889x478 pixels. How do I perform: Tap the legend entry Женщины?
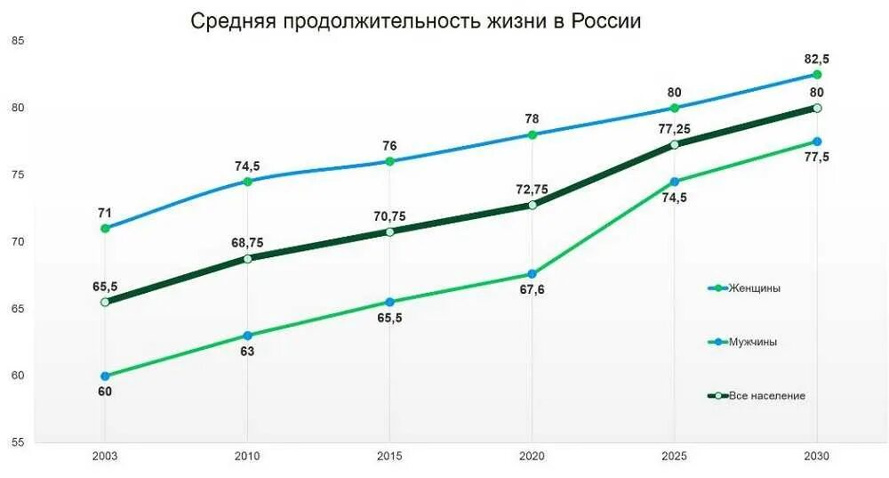pyautogui.click(x=755, y=288)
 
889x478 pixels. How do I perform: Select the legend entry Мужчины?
pyautogui.click(x=753, y=342)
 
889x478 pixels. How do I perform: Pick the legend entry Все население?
pyautogui.click(x=766, y=395)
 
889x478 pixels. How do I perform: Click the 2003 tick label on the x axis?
pyautogui.click(x=105, y=456)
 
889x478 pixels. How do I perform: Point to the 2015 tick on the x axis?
pyautogui.click(x=389, y=456)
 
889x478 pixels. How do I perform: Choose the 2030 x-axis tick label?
pyautogui.click(x=816, y=456)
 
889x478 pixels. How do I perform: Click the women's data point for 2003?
pyautogui.click(x=105, y=228)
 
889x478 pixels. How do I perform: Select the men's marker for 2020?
pyautogui.click(x=532, y=274)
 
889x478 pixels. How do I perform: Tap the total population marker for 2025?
pyautogui.click(x=674, y=144)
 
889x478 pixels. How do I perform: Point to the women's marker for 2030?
pyautogui.click(x=816, y=75)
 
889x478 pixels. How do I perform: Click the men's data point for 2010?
pyautogui.click(x=247, y=336)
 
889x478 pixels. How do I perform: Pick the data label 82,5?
pyautogui.click(x=816, y=59)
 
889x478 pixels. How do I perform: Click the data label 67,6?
pyautogui.click(x=532, y=290)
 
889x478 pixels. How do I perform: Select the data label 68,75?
pyautogui.click(x=247, y=243)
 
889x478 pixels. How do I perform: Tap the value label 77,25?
pyautogui.click(x=674, y=129)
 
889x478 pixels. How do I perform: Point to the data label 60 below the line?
pyautogui.click(x=105, y=392)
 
